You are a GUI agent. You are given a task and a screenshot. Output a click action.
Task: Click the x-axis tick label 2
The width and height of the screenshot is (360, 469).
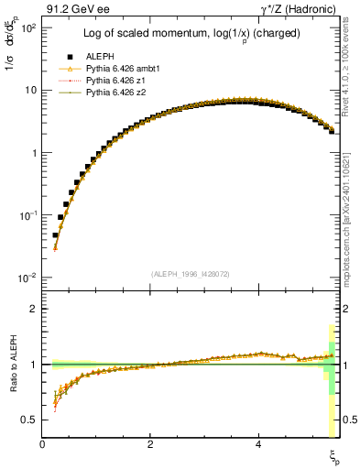150,445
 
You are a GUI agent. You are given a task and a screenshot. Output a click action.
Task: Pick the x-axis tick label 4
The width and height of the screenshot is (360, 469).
258,445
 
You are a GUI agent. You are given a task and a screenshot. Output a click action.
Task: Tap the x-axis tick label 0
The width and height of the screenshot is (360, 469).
43,445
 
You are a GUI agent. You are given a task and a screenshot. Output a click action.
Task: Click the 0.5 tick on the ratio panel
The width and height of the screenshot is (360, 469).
29,420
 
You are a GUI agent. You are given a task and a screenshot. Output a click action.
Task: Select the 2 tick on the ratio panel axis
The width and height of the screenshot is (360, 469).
34,309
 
